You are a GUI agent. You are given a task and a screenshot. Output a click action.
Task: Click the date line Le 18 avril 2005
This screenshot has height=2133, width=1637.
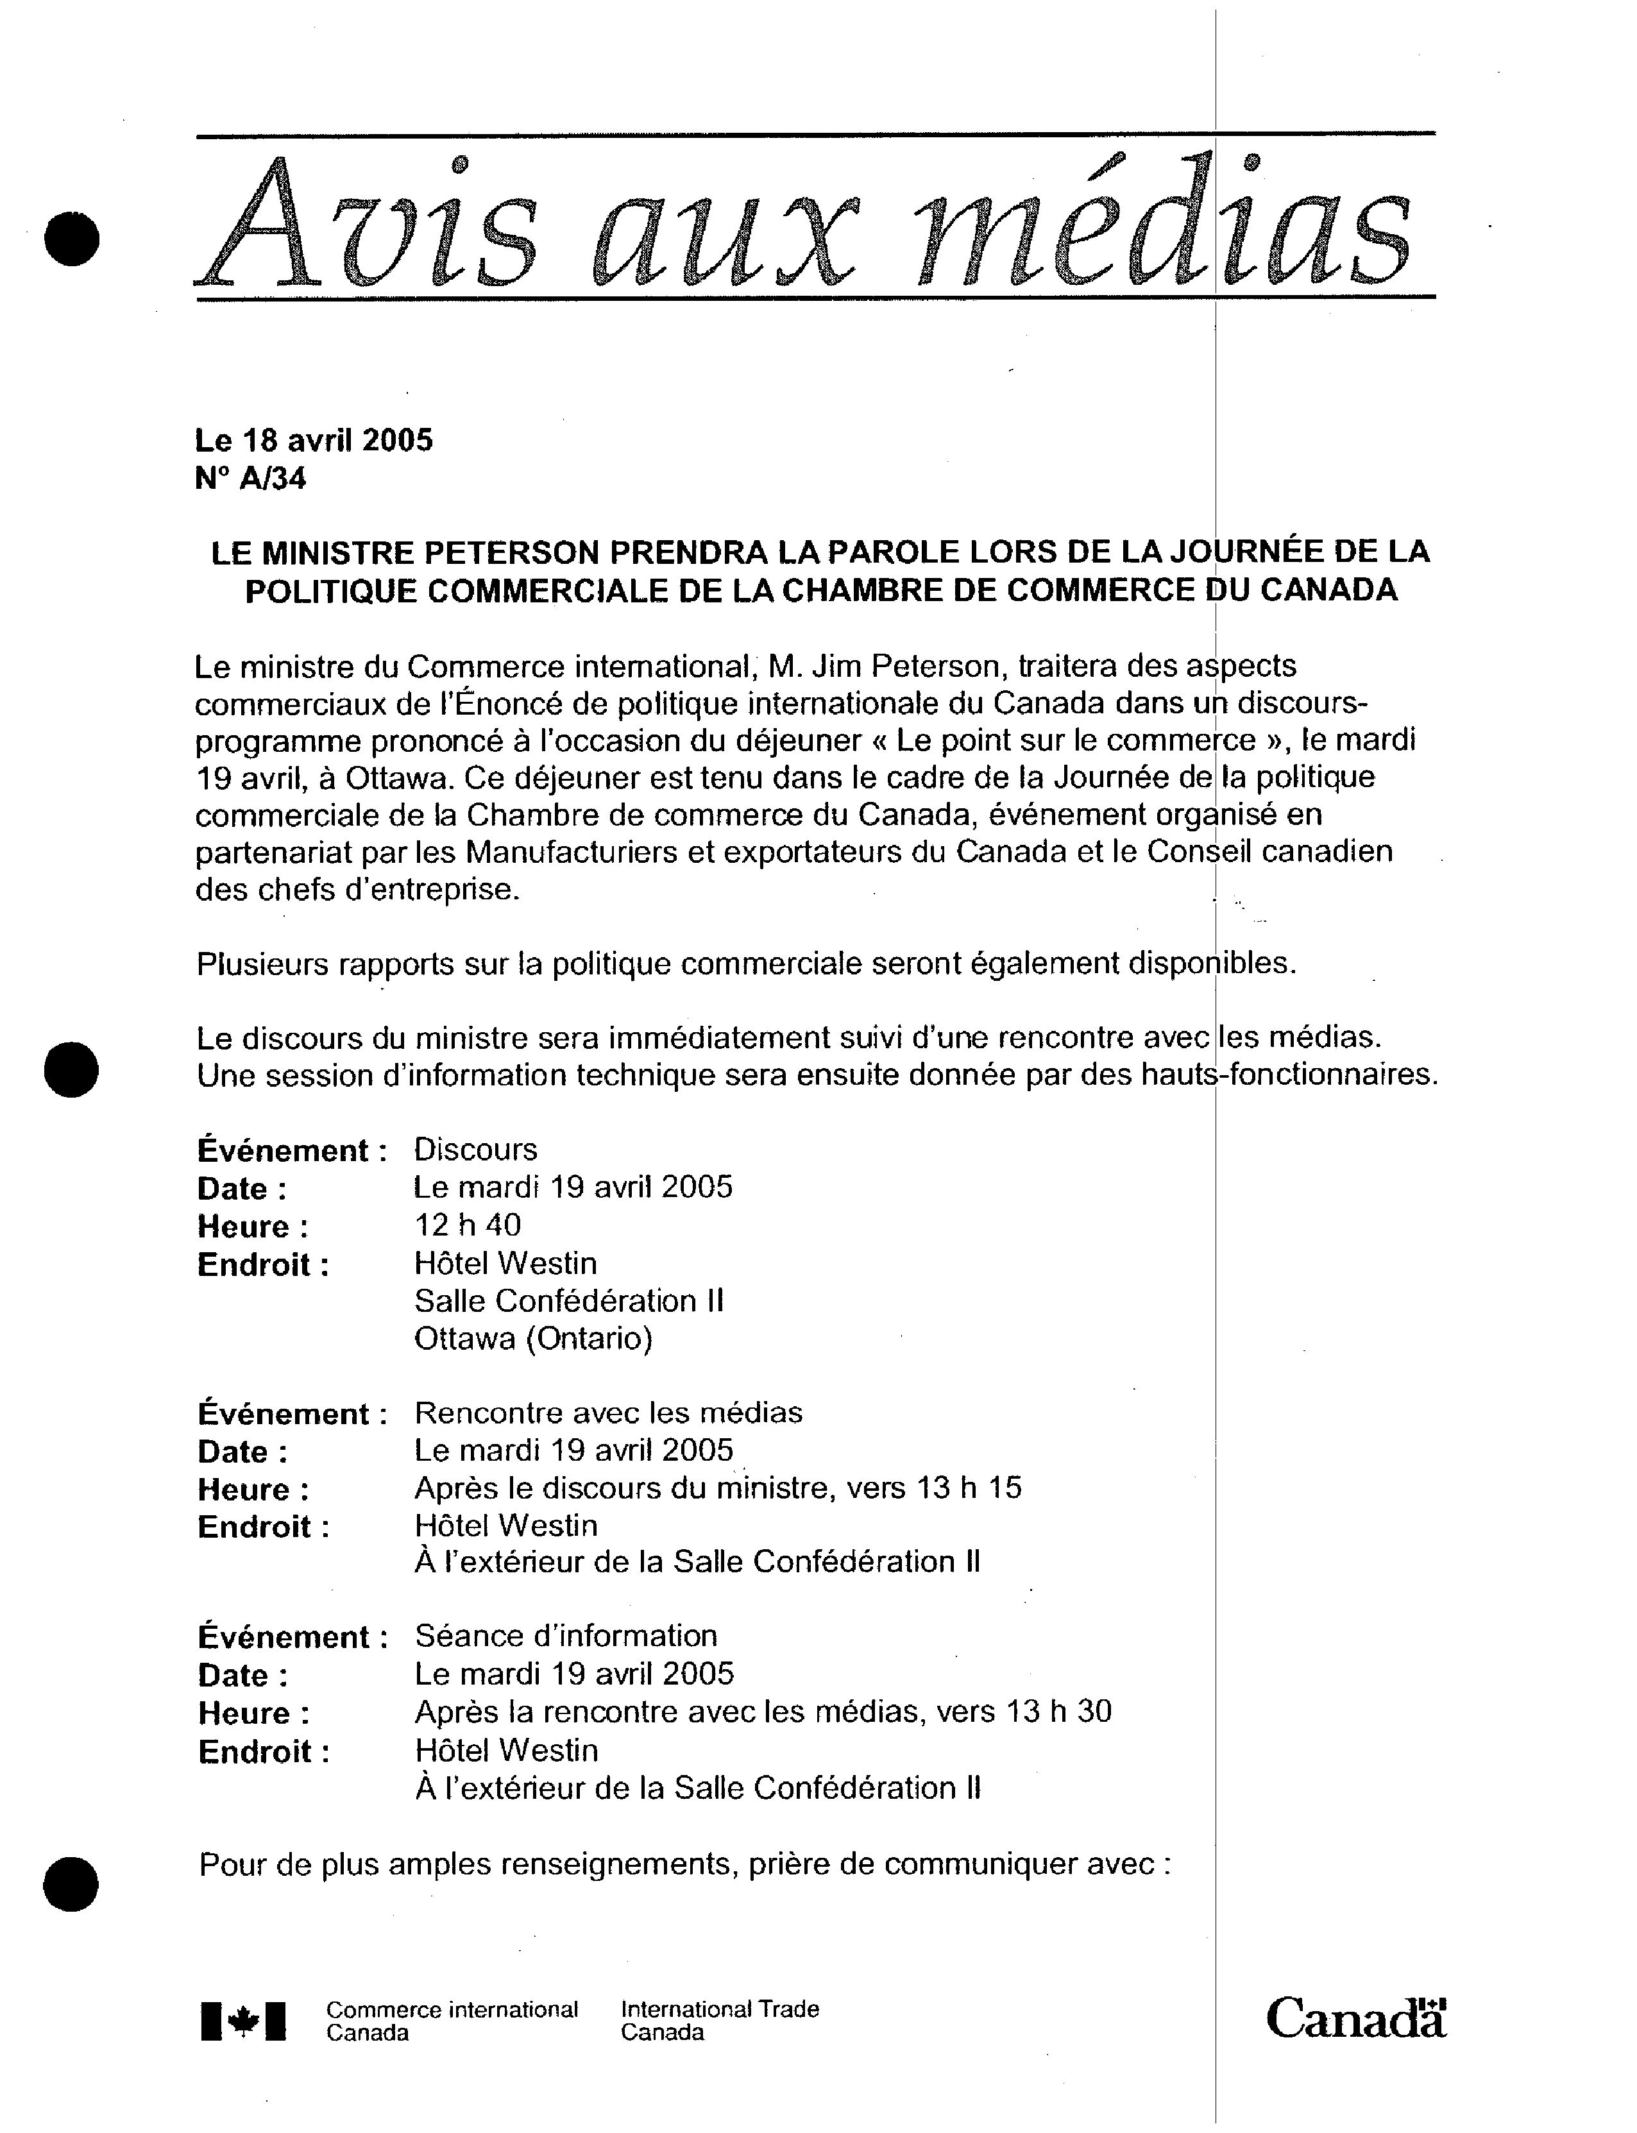click(x=314, y=441)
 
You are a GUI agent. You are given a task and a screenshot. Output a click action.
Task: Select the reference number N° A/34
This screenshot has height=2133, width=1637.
click(x=250, y=479)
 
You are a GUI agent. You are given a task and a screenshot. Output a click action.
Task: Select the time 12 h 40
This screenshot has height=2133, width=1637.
click(x=468, y=1225)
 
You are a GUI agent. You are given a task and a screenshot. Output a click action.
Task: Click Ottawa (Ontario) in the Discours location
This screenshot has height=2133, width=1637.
click(x=533, y=1339)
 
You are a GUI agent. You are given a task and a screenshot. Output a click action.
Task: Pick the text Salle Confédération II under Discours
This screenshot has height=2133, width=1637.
click(x=569, y=1301)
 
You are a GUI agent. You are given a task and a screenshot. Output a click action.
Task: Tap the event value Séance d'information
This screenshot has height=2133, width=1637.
click(x=566, y=1636)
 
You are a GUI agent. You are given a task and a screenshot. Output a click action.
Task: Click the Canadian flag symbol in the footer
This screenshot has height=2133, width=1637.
click(x=244, y=2022)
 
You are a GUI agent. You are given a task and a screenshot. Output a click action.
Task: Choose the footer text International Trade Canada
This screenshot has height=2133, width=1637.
click(x=719, y=2021)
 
